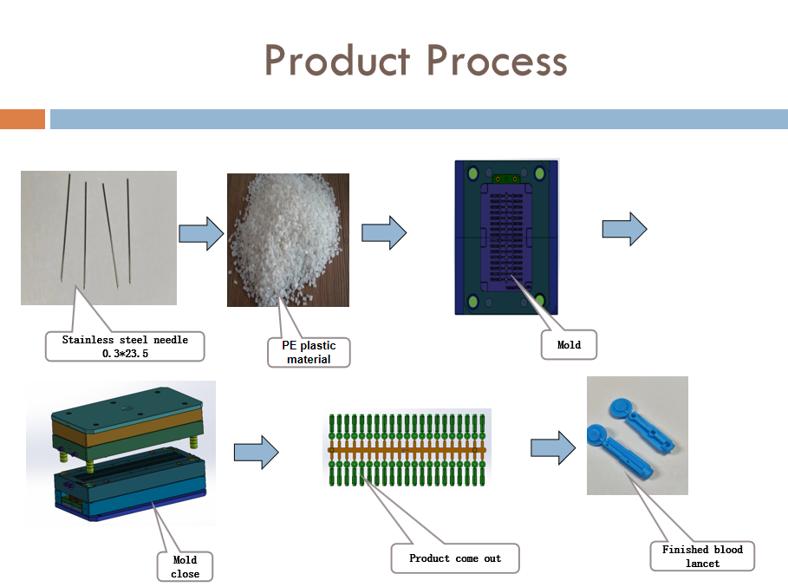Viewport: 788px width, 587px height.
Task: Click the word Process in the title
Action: click(x=498, y=62)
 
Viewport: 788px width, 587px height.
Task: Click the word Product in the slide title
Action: click(x=337, y=62)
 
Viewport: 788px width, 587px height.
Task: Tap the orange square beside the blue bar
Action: click(x=23, y=119)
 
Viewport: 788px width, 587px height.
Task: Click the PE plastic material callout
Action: click(x=309, y=352)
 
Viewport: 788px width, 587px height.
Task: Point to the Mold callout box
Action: click(x=569, y=344)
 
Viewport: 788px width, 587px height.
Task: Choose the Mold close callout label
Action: click(x=185, y=567)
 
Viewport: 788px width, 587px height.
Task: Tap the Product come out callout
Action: click(x=455, y=558)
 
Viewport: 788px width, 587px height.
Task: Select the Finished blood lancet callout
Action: click(x=702, y=556)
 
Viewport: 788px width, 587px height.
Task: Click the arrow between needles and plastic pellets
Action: click(x=201, y=233)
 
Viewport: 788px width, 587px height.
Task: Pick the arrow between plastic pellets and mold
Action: click(x=384, y=233)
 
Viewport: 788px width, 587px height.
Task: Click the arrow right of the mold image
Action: click(x=624, y=229)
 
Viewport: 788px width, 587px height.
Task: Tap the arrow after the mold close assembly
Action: click(x=256, y=452)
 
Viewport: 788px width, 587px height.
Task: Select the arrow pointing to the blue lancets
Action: click(x=553, y=447)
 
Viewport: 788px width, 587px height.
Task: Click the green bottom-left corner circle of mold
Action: click(x=473, y=301)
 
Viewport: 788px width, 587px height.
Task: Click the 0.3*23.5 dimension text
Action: click(x=125, y=353)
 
